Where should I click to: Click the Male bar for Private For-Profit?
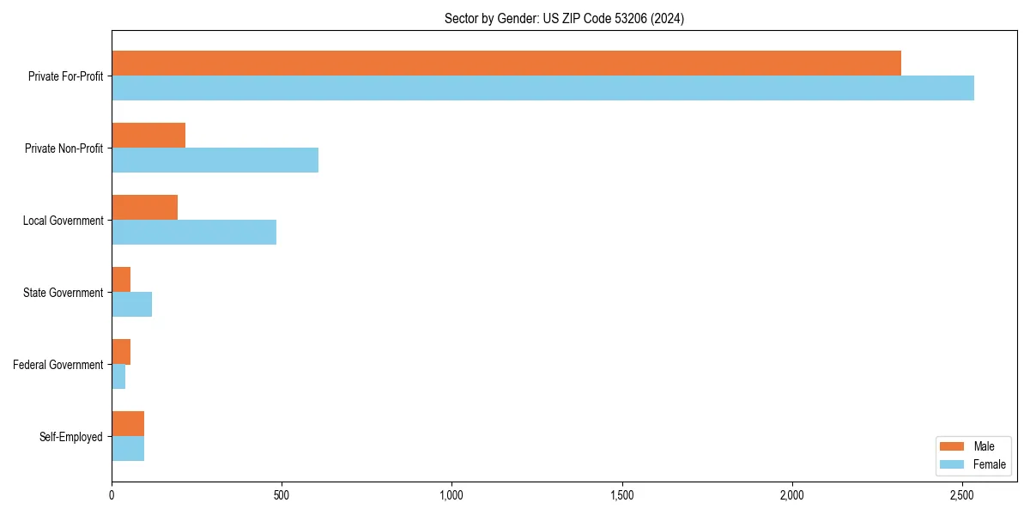[506, 64]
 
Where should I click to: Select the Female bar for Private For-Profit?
[542, 88]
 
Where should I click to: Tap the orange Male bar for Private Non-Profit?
[148, 136]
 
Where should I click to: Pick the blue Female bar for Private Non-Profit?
[215, 161]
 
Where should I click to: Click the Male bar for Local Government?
[144, 208]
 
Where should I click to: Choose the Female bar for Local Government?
[194, 233]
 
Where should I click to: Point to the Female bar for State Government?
[131, 305]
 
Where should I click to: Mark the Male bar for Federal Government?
[121, 352]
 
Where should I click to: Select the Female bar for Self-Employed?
[128, 449]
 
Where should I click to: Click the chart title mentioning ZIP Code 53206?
[564, 18]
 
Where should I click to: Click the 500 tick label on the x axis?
[282, 495]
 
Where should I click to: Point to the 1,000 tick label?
[451, 495]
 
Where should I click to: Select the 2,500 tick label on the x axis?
[962, 495]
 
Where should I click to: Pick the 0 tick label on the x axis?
[112, 495]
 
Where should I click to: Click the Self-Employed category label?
[71, 437]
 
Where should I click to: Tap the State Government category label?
[64, 293]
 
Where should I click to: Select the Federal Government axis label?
[58, 365]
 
